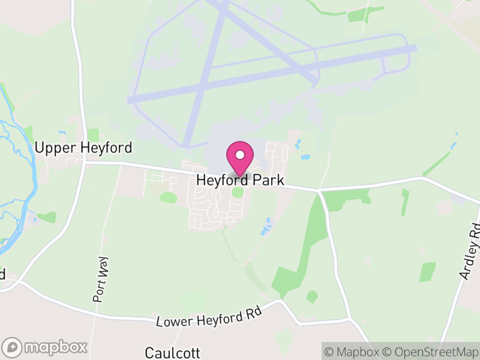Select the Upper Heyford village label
(x=83, y=148)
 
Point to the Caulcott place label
(x=172, y=352)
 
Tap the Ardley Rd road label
(x=470, y=252)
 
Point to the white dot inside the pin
(x=240, y=155)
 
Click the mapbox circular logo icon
(x=12, y=347)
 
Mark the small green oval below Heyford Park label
(x=238, y=193)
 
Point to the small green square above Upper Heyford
(x=92, y=134)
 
